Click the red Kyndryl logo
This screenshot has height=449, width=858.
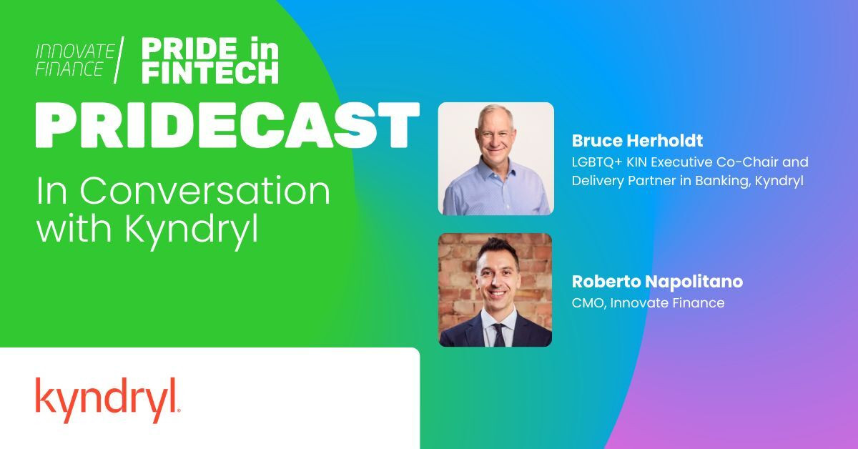click(x=108, y=400)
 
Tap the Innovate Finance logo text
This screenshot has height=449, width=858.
click(x=75, y=60)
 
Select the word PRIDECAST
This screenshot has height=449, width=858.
click(x=227, y=125)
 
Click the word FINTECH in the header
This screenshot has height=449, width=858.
click(x=210, y=72)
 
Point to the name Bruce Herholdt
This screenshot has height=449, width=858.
click(x=637, y=141)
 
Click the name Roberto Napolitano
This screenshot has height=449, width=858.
click(x=657, y=281)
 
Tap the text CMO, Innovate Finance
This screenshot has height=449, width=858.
click(x=648, y=303)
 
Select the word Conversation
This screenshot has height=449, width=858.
click(x=205, y=190)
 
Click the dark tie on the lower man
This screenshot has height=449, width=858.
click(x=499, y=335)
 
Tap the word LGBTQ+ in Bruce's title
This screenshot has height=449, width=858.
click(x=597, y=162)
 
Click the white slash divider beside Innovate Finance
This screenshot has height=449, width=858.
click(x=119, y=60)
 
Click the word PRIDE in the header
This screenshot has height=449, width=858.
click(x=189, y=49)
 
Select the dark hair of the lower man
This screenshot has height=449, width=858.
click(x=498, y=248)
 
